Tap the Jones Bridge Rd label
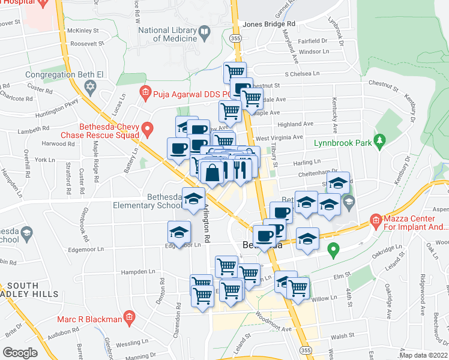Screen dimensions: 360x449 [269, 24]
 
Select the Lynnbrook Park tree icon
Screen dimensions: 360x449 [379, 141]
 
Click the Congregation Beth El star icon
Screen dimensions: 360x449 [91, 88]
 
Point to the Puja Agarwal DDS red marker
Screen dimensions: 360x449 [144, 92]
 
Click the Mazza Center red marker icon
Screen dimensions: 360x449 [376, 220]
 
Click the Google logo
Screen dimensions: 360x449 [20, 352]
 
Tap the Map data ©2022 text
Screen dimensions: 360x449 [423, 355]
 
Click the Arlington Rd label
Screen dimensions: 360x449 [206, 222]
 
